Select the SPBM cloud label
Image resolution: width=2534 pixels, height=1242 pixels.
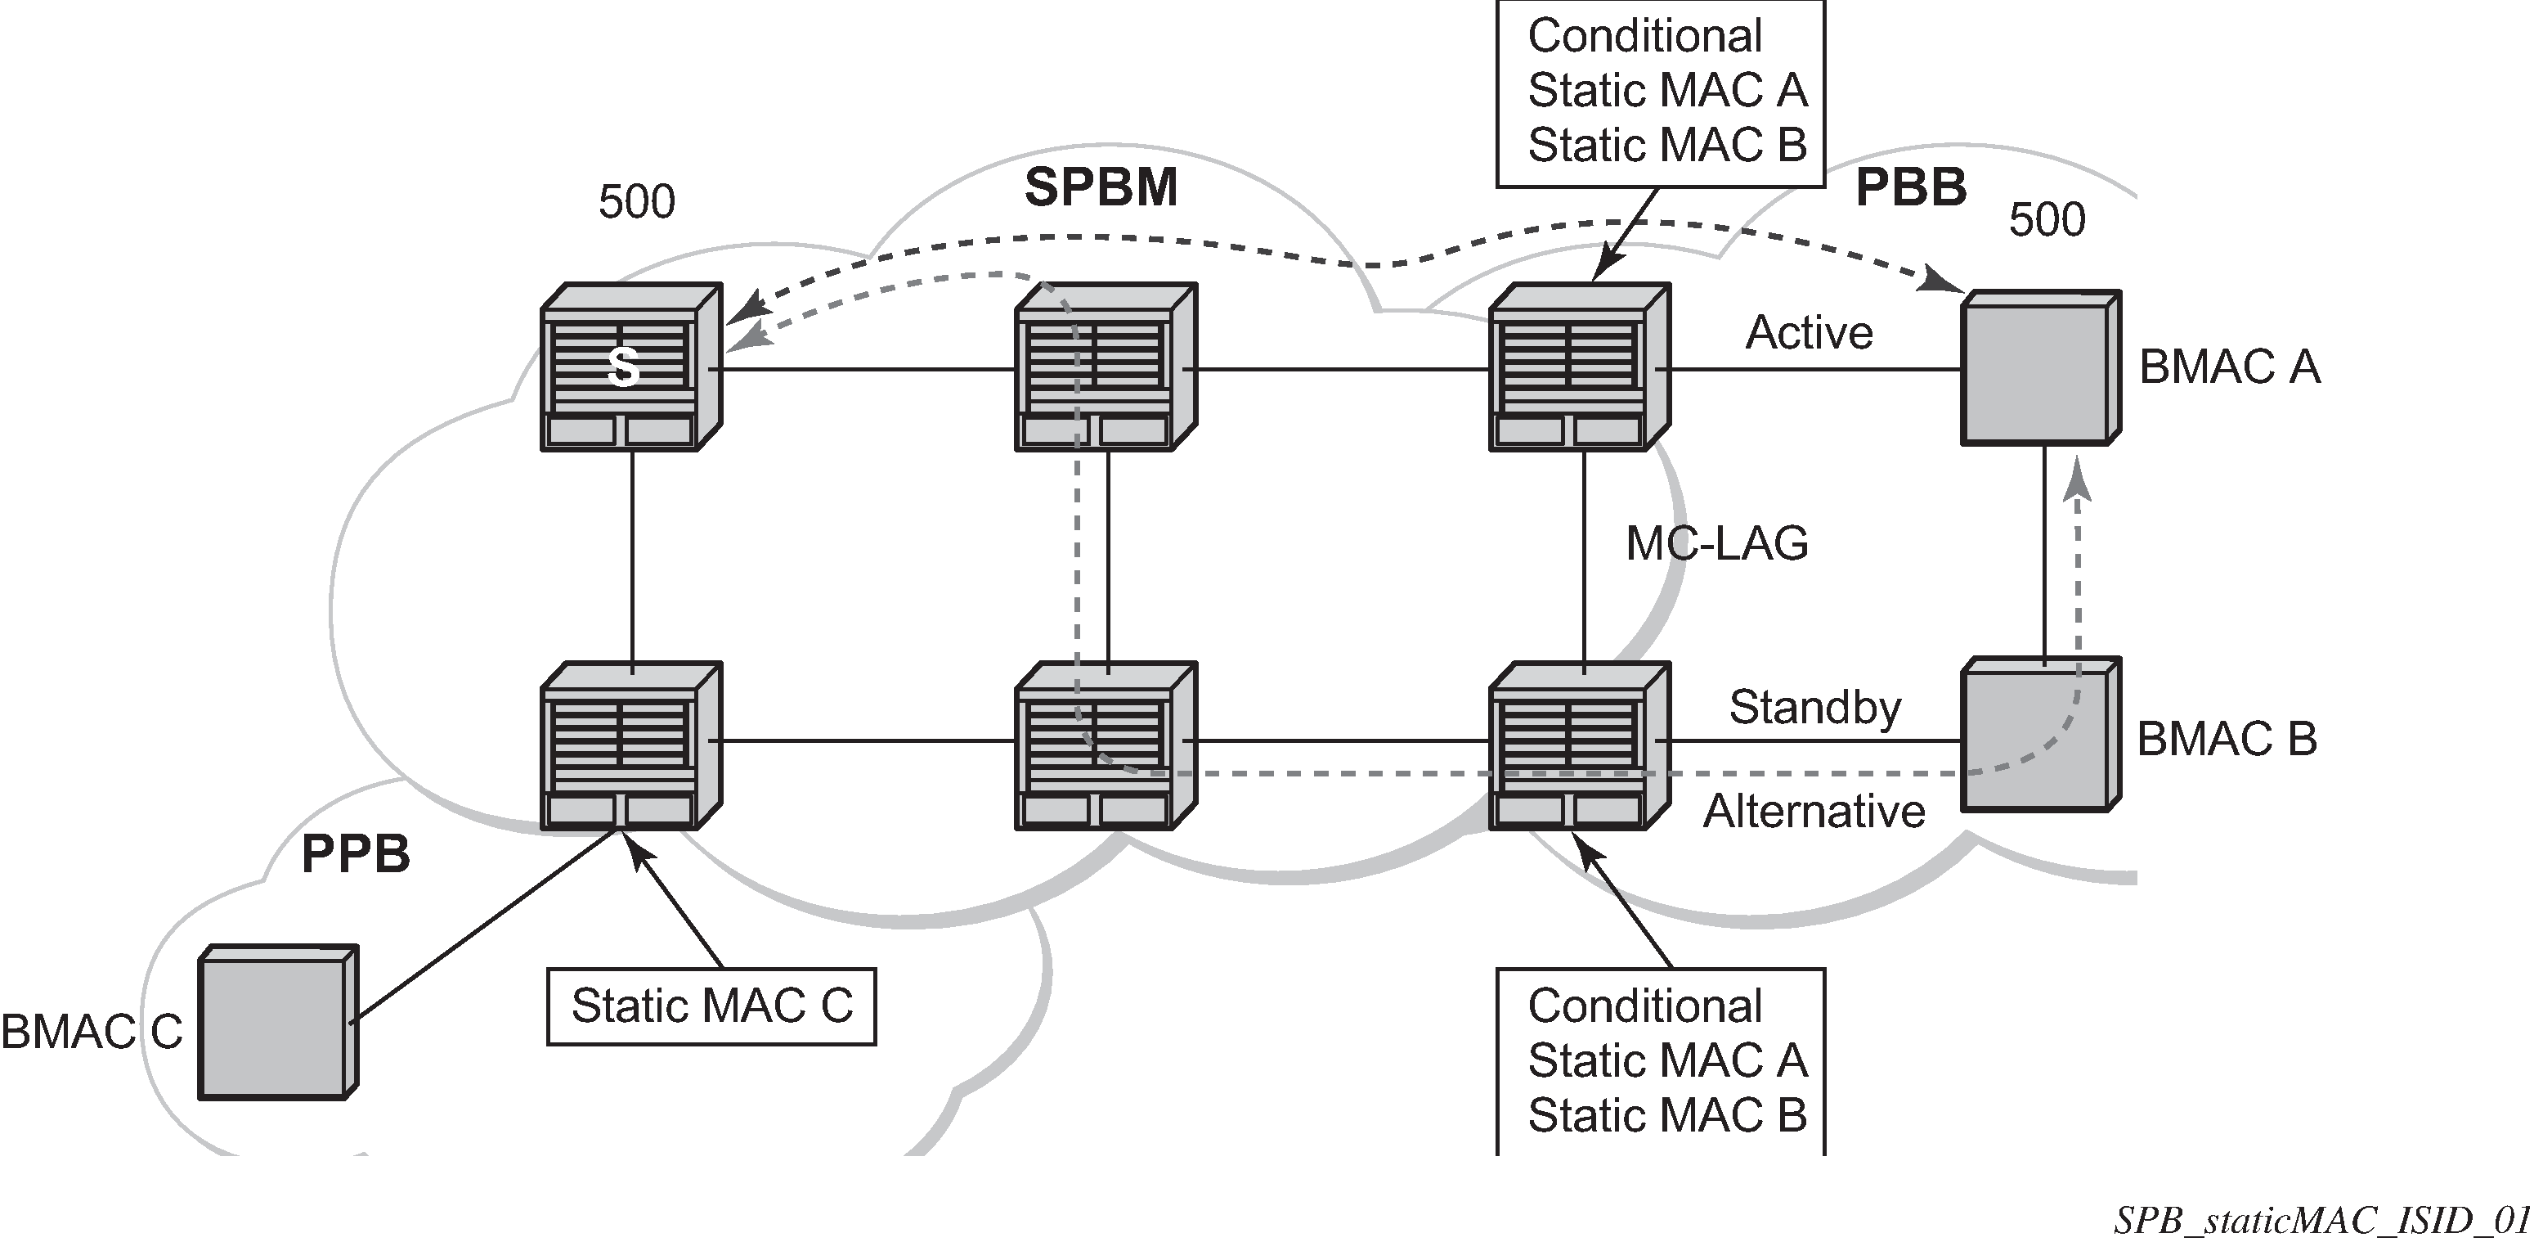click(1101, 187)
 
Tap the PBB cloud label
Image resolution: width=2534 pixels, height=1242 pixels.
click(1910, 187)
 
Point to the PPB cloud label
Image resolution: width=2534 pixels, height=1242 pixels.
click(355, 853)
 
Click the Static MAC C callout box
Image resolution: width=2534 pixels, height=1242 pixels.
click(711, 1006)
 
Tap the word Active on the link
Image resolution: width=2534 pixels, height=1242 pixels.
click(1809, 333)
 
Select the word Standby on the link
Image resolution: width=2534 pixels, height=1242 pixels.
click(1815, 707)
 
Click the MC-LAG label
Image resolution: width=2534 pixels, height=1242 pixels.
click(1716, 543)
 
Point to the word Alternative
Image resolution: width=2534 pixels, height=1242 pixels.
click(1814, 812)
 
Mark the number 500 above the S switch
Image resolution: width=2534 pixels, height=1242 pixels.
click(636, 202)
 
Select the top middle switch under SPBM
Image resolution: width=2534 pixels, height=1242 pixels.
click(1105, 368)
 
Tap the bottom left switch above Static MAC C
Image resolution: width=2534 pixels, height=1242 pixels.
click(630, 745)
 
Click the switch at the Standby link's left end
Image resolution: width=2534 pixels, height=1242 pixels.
click(1578, 745)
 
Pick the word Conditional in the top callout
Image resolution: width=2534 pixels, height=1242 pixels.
click(1644, 37)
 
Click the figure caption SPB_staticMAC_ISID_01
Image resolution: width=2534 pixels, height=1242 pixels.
click(2322, 1221)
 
